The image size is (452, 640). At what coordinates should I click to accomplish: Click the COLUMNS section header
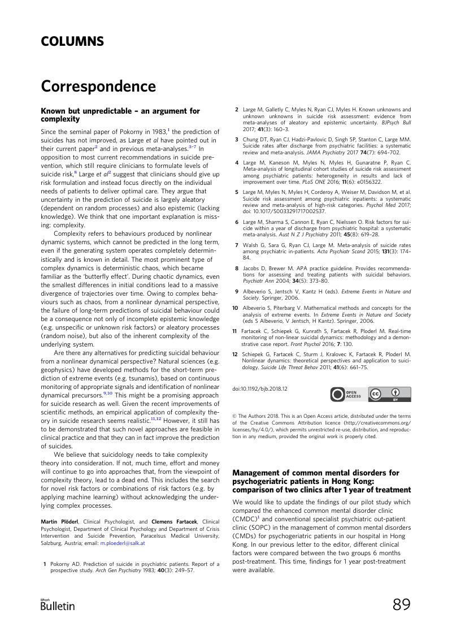(x=72, y=41)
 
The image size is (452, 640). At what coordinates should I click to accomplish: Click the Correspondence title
(x=98, y=87)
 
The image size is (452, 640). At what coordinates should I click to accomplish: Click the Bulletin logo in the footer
(x=58, y=605)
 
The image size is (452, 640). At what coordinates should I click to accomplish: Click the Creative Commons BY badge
(x=390, y=393)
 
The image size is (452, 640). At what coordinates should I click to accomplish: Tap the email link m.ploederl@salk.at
(x=123, y=543)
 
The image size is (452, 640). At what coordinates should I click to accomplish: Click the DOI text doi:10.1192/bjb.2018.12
(x=260, y=389)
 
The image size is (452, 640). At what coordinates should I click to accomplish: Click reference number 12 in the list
(x=236, y=354)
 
